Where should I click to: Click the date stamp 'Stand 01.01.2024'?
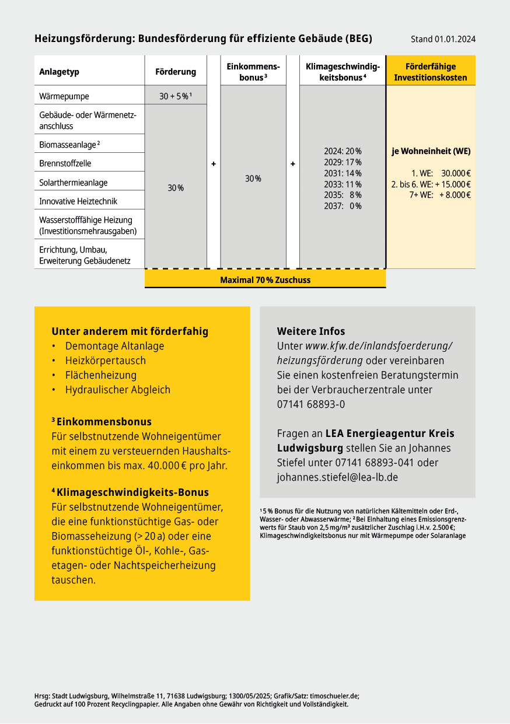(443, 39)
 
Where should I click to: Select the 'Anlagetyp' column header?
(59, 72)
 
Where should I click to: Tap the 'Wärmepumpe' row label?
(64, 96)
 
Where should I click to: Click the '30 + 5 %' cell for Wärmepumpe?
(175, 96)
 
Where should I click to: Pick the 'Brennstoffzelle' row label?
(65, 163)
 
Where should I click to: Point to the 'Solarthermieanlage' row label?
(74, 183)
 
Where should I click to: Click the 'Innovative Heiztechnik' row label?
(78, 201)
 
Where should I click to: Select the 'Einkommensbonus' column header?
(253, 72)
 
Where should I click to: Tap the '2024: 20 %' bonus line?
(343, 151)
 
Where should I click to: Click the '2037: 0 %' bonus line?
(343, 206)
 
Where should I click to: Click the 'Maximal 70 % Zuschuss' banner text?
(265, 280)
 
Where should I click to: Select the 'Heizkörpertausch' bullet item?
(106, 361)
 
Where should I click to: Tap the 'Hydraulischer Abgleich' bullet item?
(118, 390)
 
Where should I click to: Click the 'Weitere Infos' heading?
(311, 331)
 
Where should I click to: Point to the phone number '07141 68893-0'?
(310, 404)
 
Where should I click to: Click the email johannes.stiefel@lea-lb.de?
(337, 477)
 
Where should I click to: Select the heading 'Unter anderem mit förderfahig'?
(130, 331)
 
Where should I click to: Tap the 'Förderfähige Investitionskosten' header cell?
(431, 72)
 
